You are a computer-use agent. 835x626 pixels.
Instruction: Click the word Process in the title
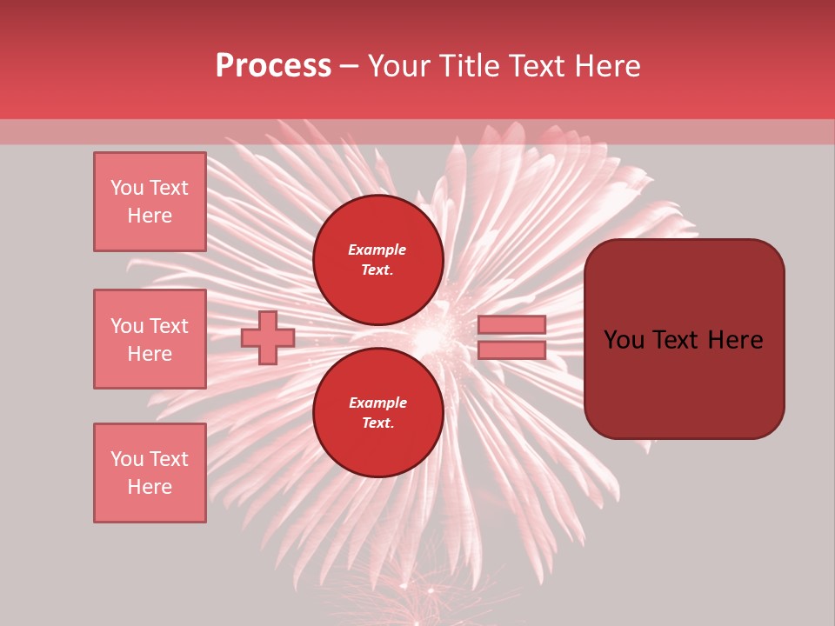273,66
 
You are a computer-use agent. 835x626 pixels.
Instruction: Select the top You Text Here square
150,202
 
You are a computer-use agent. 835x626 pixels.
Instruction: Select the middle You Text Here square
150,339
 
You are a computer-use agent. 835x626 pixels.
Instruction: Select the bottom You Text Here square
150,473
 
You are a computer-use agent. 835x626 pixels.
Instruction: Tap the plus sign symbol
268,338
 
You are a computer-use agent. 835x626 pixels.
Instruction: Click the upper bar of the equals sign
511,324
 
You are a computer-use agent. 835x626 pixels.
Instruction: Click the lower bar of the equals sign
511,350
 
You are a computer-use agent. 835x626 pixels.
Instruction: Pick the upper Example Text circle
377,260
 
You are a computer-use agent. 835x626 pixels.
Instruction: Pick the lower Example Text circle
377,413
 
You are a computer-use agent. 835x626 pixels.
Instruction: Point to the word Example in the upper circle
377,250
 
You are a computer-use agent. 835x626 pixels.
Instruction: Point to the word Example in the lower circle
377,403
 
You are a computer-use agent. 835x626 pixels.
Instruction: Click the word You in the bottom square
127,459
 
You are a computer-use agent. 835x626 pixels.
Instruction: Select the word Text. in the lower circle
377,423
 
